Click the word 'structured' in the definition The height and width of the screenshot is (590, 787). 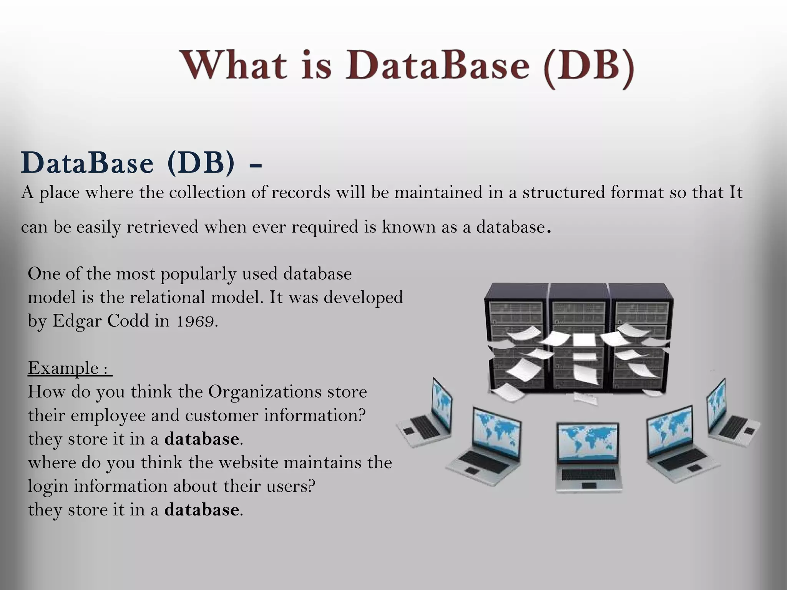point(563,192)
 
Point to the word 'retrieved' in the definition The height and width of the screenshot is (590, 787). point(162,227)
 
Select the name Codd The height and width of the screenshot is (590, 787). point(128,321)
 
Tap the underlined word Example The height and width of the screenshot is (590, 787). point(63,368)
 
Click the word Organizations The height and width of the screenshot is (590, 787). point(265,392)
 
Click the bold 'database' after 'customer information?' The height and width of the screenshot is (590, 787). point(201,439)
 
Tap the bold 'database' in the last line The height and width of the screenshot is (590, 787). point(201,510)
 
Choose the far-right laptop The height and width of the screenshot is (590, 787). point(730,415)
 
